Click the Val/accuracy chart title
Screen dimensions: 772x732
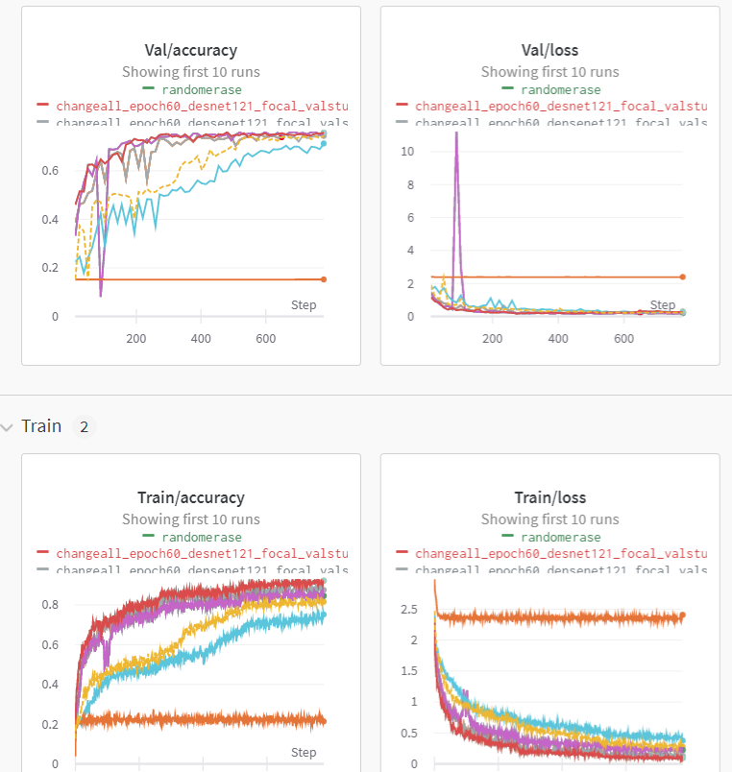[x=191, y=50]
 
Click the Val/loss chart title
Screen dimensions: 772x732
[x=549, y=50]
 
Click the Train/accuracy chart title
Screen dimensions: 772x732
[x=191, y=497]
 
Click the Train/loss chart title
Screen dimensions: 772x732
[x=549, y=497]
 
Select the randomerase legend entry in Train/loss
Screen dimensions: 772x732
[x=560, y=537]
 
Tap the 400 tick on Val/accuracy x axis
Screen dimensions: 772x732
[x=202, y=339]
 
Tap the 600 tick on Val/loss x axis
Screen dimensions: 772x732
[x=623, y=339]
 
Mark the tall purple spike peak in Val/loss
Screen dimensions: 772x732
[x=456, y=133]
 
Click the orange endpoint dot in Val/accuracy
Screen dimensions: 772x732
[x=324, y=279]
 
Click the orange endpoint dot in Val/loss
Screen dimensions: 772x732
[x=683, y=277]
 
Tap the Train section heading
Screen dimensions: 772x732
[x=41, y=425]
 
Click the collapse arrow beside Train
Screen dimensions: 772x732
[x=9, y=426]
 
